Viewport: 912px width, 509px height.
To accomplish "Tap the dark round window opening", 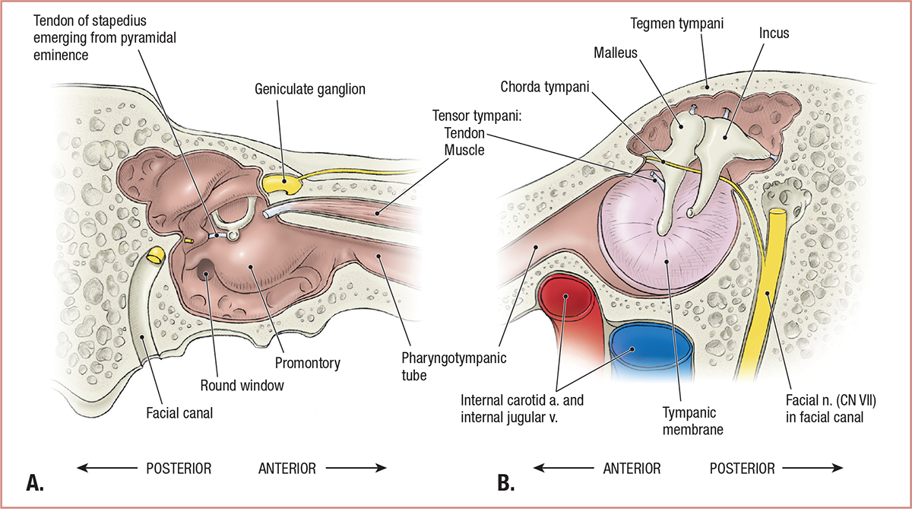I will click(206, 271).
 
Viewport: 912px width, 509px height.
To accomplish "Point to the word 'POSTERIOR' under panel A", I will click(179, 468).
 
